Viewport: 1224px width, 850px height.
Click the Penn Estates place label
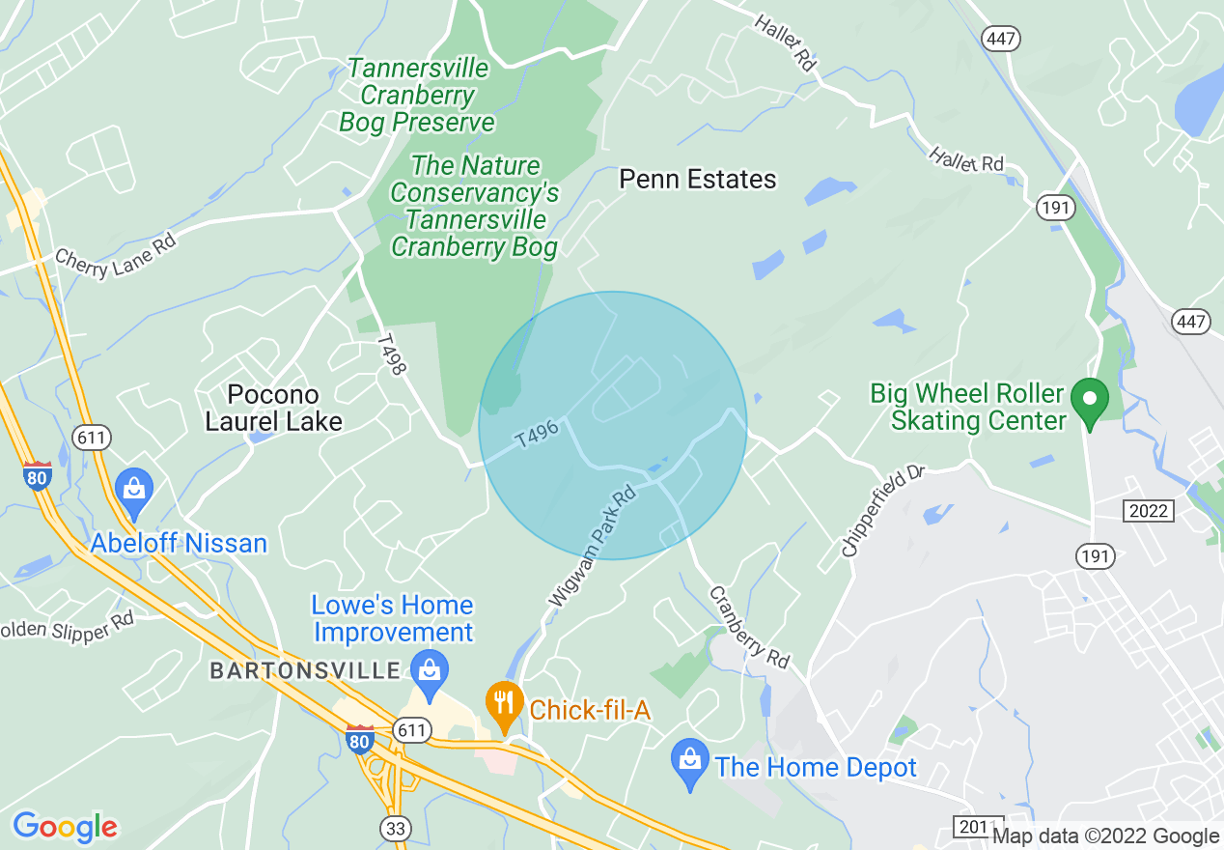point(697,179)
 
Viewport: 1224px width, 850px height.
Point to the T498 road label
point(393,354)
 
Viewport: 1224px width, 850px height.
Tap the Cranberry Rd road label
point(749,627)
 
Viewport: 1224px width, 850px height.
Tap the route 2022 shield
point(1148,511)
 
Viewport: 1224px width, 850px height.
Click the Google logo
point(65,827)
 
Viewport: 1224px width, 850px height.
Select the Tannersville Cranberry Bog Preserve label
point(417,96)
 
